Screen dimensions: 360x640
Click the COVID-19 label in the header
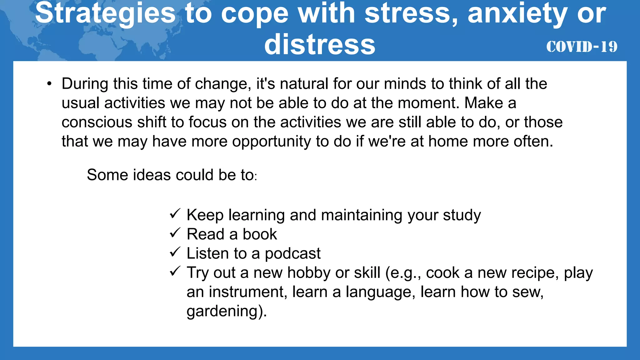(582, 47)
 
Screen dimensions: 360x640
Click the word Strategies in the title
(105, 13)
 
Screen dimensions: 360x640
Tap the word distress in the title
(320, 45)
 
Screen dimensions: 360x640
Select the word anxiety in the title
(517, 13)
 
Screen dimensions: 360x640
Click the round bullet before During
(49, 84)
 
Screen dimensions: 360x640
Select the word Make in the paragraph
(484, 103)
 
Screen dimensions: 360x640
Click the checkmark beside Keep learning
(175, 214)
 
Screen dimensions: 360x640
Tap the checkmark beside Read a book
(175, 233)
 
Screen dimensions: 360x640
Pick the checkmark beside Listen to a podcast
(175, 252)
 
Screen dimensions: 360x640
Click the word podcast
(292, 253)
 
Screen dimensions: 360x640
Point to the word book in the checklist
(260, 234)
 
